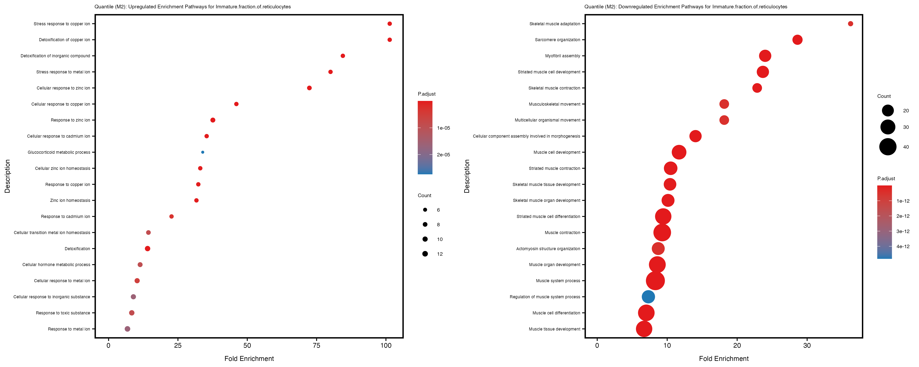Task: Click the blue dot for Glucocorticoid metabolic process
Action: (203, 152)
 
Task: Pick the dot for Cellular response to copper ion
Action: (236, 104)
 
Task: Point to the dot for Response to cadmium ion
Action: (172, 216)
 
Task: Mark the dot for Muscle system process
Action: (655, 280)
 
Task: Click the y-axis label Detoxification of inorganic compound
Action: (55, 56)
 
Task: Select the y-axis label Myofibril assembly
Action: (563, 56)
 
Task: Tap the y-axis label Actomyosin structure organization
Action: (548, 249)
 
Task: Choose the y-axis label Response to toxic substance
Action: (63, 313)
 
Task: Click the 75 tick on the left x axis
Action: (316, 345)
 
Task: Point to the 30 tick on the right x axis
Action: (807, 345)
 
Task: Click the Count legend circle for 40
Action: (888, 147)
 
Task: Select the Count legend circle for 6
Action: (425, 210)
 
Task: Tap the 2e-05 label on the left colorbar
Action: (443, 155)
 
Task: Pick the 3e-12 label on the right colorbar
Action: (903, 231)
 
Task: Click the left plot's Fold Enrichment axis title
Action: (249, 358)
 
